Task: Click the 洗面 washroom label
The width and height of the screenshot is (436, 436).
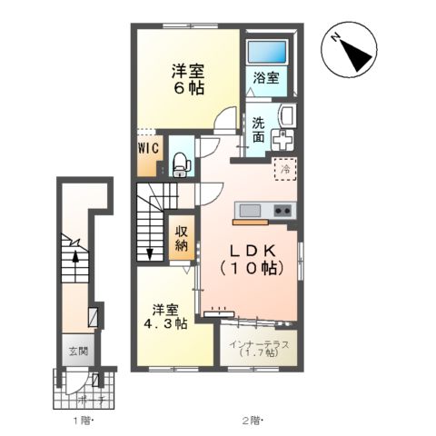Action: tap(259, 131)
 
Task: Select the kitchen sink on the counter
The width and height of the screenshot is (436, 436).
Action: tap(249, 212)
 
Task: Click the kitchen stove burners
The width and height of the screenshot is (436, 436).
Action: tap(282, 212)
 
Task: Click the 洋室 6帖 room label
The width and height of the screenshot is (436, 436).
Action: tap(188, 78)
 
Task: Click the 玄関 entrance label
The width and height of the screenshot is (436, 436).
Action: tap(75, 349)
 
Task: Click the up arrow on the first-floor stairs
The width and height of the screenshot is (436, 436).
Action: tap(74, 257)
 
